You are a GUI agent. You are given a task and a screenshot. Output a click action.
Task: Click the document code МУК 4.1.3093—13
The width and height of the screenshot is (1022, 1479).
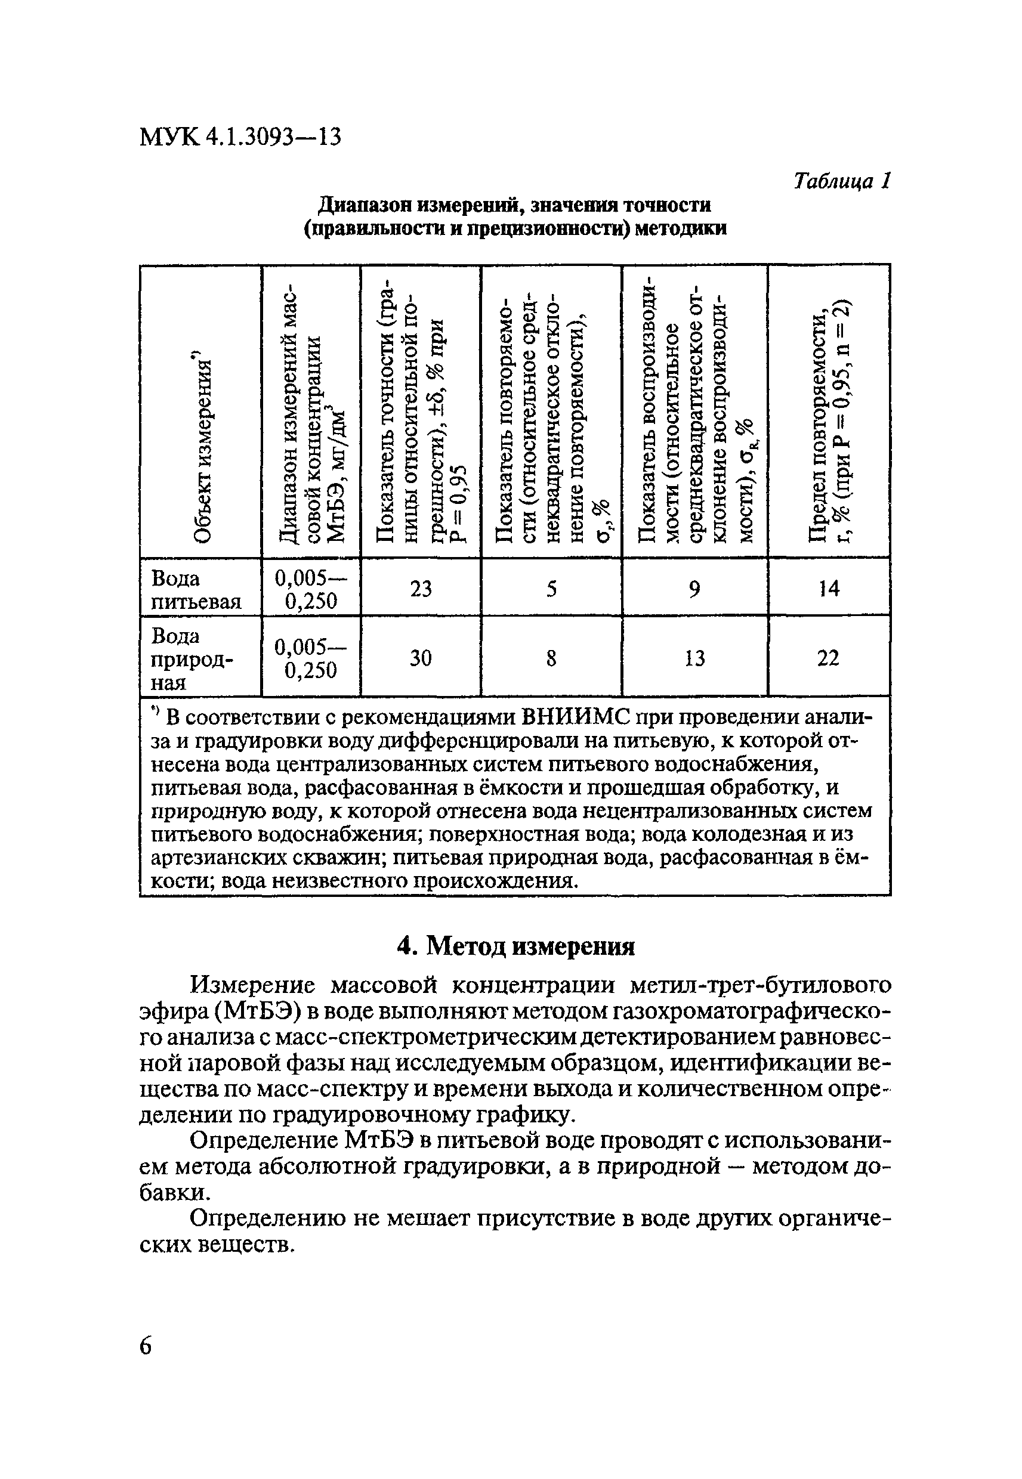click(240, 137)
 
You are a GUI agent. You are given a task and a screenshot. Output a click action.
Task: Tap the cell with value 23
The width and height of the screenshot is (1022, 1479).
click(421, 587)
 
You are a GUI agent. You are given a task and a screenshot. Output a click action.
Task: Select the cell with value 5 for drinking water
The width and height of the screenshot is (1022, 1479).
click(551, 587)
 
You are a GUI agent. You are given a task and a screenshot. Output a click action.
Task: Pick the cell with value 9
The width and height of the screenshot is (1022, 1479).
click(695, 587)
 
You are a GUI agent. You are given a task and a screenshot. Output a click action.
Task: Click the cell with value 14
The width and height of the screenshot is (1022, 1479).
click(829, 587)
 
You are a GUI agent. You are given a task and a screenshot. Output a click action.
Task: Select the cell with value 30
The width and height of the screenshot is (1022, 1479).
click(421, 657)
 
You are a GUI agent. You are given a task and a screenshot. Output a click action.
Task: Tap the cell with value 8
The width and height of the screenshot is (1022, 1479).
click(551, 657)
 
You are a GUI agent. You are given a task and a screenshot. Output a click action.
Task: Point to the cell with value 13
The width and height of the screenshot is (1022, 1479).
click(695, 657)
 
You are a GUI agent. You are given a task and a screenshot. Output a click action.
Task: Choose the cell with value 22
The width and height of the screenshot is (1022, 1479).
click(829, 657)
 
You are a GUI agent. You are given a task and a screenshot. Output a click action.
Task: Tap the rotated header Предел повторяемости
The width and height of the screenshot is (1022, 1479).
click(829, 422)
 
